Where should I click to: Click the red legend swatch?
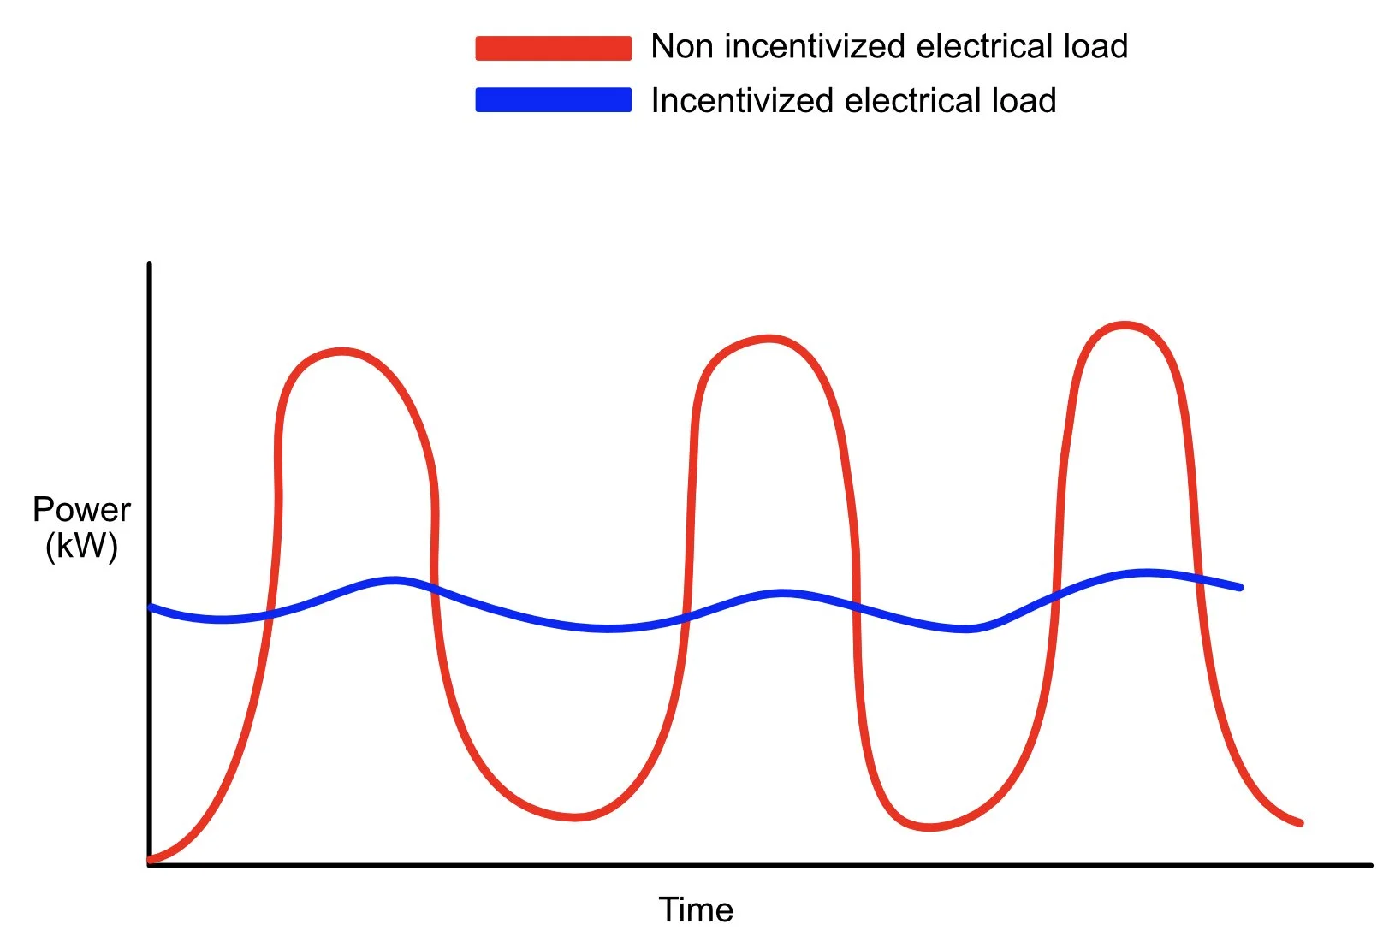point(553,48)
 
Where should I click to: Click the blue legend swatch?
point(553,100)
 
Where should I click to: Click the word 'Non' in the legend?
point(682,46)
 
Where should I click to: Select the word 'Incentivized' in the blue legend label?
point(742,101)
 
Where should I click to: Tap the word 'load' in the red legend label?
point(1095,46)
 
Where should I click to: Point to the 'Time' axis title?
point(696,909)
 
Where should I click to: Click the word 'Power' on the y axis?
point(81,510)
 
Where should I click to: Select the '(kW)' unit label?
point(81,545)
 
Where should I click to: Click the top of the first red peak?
point(342,351)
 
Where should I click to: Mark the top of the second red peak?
point(769,339)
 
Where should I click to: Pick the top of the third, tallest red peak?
point(1124,325)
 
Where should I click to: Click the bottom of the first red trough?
point(575,817)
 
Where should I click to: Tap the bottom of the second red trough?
point(929,827)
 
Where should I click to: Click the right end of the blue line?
point(1240,588)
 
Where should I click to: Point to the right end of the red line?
point(1300,823)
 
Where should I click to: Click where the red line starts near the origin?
point(151,859)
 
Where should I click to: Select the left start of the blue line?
point(151,607)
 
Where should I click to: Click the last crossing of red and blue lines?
point(1198,578)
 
